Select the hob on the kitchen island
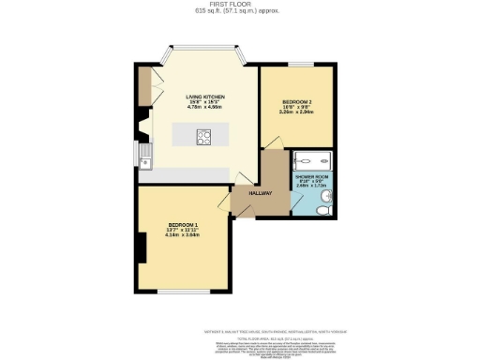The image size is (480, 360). point(203,136)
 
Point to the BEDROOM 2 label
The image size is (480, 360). point(297,100)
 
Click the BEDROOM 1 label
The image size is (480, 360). point(184,226)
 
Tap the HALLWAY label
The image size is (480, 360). point(260,194)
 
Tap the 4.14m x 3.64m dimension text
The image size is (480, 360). point(184,236)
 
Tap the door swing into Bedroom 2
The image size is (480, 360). point(271,142)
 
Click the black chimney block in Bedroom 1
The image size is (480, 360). point(142,247)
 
